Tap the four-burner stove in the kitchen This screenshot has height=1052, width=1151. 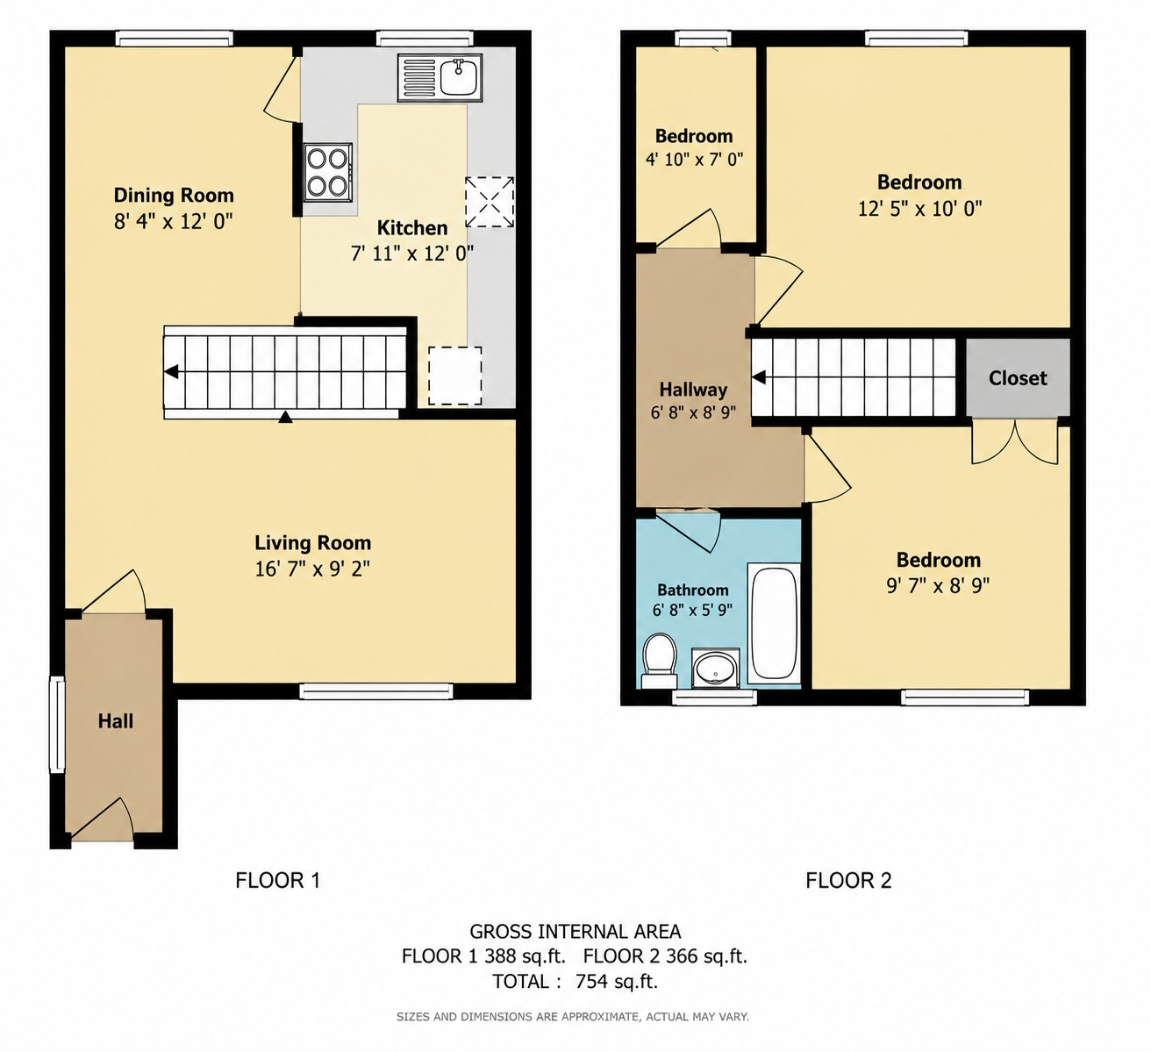coord(327,172)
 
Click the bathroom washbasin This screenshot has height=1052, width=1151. coord(715,668)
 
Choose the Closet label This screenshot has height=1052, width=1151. coord(1018,377)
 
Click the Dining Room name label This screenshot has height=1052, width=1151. coord(174,195)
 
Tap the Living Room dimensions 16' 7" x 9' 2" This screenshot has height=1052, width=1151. coord(312,569)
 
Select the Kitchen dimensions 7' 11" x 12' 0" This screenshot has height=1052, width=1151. coord(412,253)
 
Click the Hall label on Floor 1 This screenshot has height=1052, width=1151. coord(115,721)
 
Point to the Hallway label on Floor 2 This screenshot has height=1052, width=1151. coord(693,390)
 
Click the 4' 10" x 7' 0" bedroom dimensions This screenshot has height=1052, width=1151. coord(694,159)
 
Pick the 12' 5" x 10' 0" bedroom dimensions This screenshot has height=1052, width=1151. coord(919,208)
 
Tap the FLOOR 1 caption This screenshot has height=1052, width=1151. coord(278,880)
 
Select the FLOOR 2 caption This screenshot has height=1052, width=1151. coord(848,880)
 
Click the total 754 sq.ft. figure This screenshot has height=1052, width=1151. coord(616,981)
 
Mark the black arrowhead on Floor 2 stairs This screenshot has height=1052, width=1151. coord(759,377)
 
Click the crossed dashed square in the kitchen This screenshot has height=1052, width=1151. coord(489,202)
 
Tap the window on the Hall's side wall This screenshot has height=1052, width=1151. coord(57,724)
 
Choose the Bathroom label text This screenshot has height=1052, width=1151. coord(692,590)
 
